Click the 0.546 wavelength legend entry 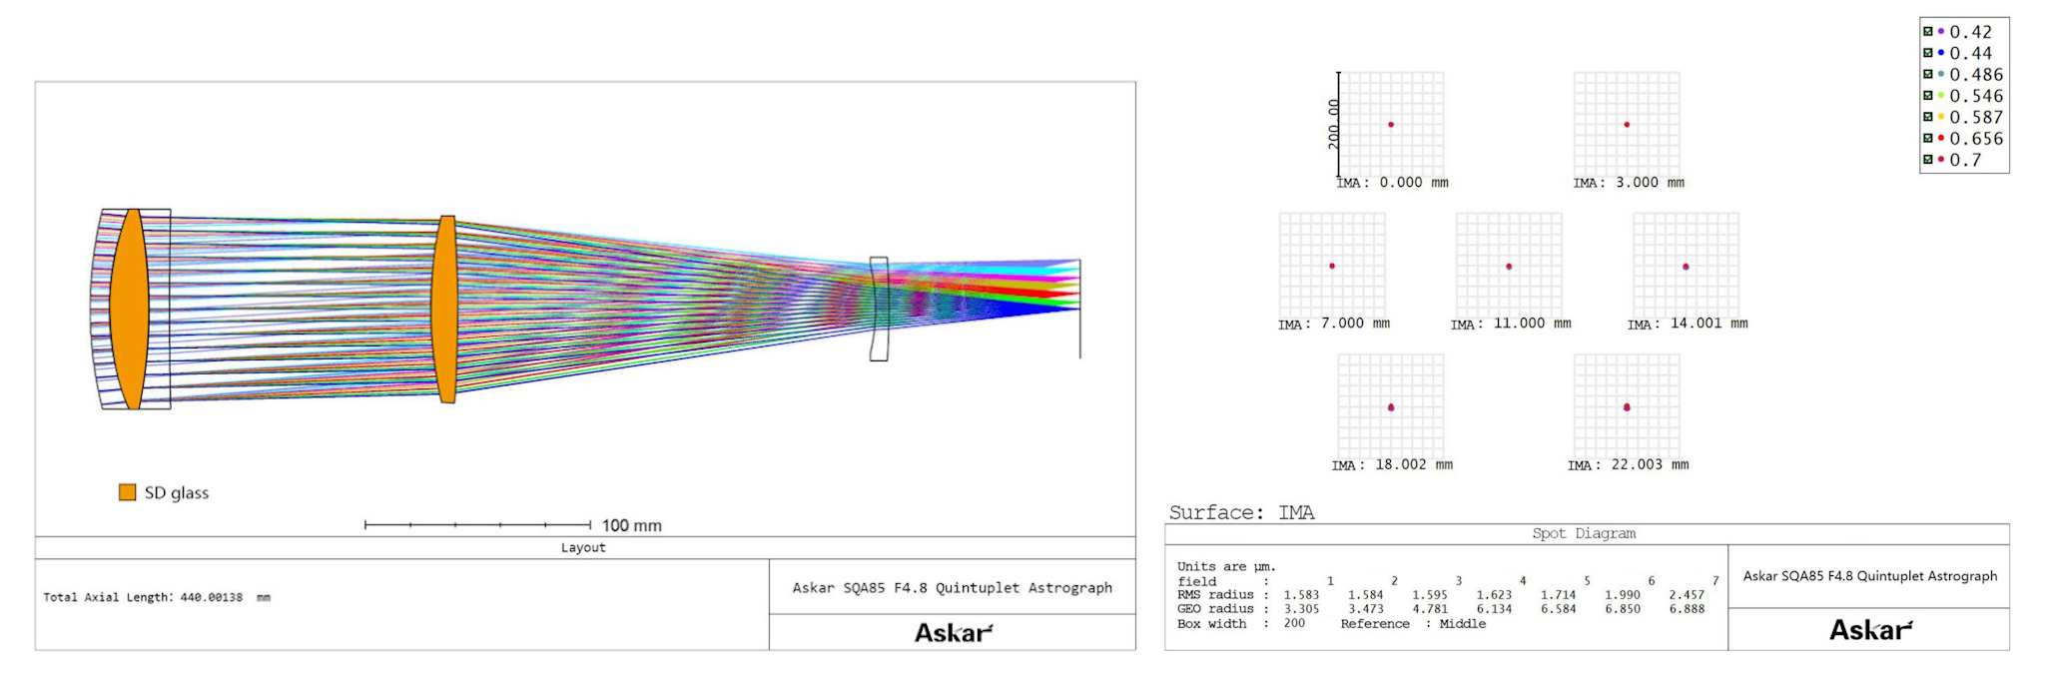coord(1963,96)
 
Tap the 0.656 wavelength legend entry coord(1963,139)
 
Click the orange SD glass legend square coord(127,492)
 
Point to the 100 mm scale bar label coord(631,525)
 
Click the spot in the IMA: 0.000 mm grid coord(1391,125)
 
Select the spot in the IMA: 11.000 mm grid coord(1509,267)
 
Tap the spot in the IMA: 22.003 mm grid coord(1627,407)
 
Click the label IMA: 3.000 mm coord(1629,183)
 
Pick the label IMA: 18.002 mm coord(1392,465)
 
